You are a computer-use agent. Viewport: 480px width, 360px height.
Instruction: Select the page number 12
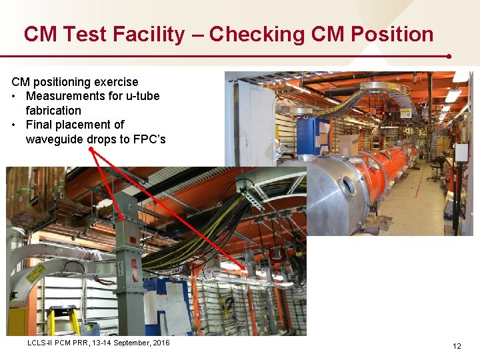pyautogui.click(x=457, y=346)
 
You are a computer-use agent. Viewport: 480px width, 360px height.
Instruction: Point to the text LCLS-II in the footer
pyautogui.click(x=42, y=343)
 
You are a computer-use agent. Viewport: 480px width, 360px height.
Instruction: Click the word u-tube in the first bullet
pyautogui.click(x=141, y=96)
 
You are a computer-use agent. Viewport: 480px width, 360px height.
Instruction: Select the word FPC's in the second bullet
pyautogui.click(x=167, y=139)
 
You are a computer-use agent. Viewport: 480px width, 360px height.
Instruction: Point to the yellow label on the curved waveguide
pyautogui.click(x=35, y=273)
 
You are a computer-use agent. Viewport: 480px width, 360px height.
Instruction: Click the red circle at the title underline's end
pyautogui.click(x=450, y=57)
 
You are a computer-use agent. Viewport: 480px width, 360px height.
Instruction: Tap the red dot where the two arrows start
pyautogui.click(x=91, y=150)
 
